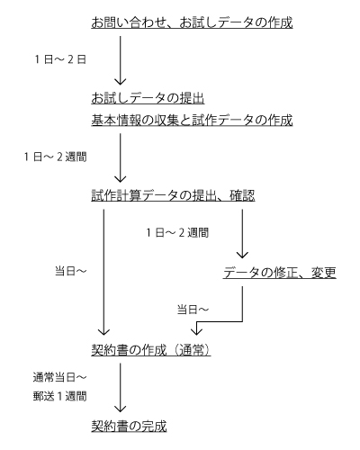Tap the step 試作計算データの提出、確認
(173, 194)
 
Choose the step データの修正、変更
(279, 271)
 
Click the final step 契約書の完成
(129, 424)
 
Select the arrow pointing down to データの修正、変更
(242, 235)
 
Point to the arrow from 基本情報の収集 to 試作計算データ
(120, 157)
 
